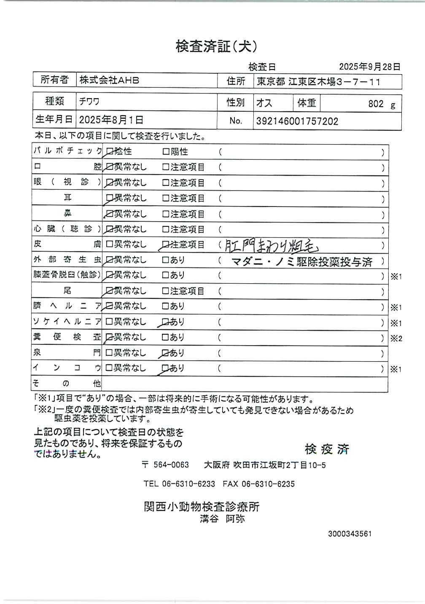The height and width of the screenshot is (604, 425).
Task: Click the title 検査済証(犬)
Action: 216,46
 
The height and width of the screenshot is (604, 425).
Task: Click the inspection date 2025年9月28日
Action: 369,67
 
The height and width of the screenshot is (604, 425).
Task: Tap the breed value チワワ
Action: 89,102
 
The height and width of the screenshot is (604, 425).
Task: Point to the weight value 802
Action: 376,104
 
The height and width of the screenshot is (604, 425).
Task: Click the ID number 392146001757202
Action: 297,121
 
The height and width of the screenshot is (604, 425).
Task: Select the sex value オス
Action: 264,103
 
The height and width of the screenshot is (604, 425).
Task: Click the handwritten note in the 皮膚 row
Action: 273,245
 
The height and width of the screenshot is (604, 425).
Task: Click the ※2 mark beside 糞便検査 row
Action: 396,338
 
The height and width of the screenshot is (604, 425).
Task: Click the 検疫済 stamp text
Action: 327,449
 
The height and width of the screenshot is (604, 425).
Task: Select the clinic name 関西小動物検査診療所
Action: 202,507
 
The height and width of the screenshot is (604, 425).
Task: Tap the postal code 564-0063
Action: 171,465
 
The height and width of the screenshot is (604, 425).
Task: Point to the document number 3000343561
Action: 350,534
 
